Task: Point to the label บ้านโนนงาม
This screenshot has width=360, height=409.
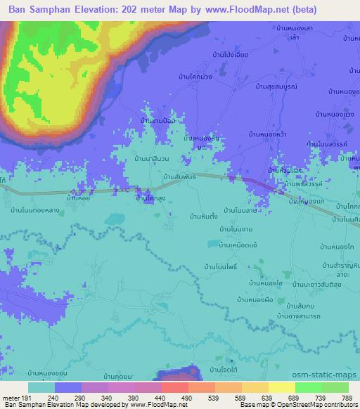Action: click(x=237, y=230)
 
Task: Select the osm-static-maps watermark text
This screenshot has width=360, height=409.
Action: click(x=332, y=375)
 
